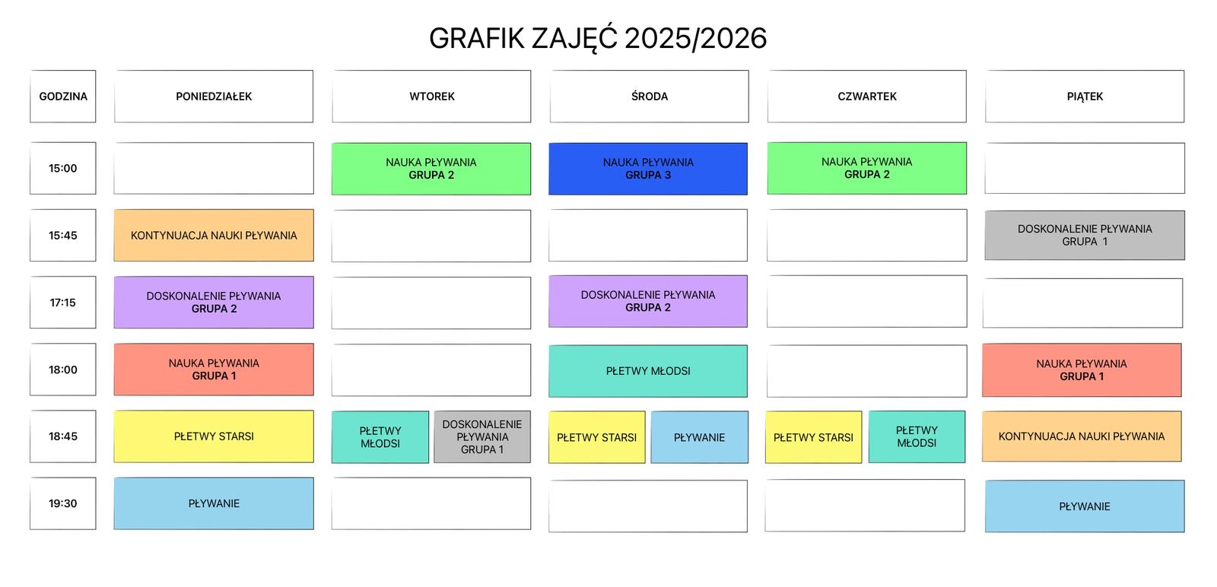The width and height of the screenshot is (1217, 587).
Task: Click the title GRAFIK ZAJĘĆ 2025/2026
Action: pyautogui.click(x=598, y=38)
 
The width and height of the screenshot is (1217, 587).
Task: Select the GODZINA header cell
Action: pyautogui.click(x=63, y=97)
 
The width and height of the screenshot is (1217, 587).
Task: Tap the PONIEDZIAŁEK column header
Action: pyautogui.click(x=214, y=97)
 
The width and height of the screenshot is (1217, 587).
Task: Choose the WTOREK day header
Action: pyautogui.click(x=431, y=97)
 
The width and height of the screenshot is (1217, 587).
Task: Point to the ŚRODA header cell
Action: pyautogui.click(x=649, y=97)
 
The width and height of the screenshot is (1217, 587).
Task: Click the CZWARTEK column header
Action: pyautogui.click(x=866, y=97)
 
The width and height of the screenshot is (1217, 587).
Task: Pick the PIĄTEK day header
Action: pyautogui.click(x=1085, y=97)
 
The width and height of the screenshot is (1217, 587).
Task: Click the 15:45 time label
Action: pyautogui.click(x=63, y=236)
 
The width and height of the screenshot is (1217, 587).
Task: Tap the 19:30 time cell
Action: pyautogui.click(x=63, y=503)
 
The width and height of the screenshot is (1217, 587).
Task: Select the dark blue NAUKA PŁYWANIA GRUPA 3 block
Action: pyautogui.click(x=648, y=168)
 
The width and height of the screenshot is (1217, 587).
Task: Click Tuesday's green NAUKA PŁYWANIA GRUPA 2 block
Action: pyautogui.click(x=431, y=168)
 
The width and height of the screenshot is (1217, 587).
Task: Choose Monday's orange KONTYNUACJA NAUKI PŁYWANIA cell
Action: pyautogui.click(x=214, y=236)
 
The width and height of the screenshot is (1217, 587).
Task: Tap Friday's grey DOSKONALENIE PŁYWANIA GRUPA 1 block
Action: pyautogui.click(x=1085, y=235)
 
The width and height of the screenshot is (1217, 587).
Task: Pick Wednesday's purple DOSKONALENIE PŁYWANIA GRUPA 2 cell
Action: pyautogui.click(x=648, y=301)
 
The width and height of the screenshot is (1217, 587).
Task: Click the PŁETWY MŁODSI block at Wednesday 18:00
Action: pyautogui.click(x=648, y=371)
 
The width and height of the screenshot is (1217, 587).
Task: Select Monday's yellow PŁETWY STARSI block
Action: pyautogui.click(x=214, y=436)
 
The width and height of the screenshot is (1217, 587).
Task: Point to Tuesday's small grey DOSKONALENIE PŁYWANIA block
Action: pyautogui.click(x=482, y=436)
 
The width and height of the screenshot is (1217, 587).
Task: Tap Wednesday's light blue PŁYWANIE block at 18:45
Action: pyautogui.click(x=699, y=437)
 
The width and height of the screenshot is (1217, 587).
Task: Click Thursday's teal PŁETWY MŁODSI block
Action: pyautogui.click(x=917, y=436)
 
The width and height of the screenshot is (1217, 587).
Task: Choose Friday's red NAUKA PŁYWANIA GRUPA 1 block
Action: pyautogui.click(x=1082, y=370)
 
